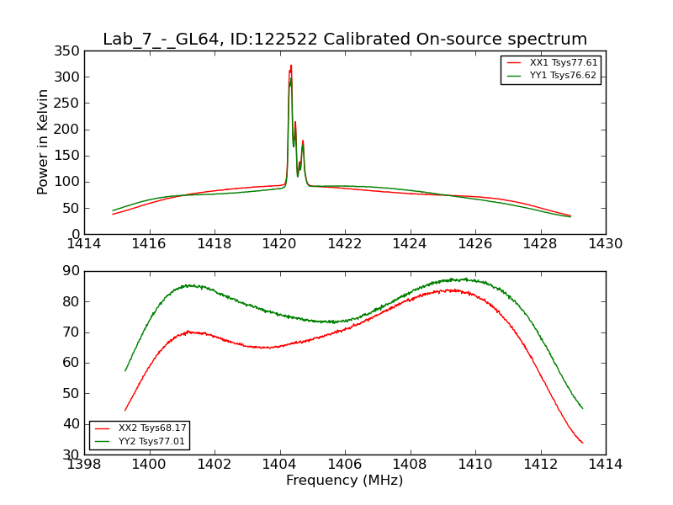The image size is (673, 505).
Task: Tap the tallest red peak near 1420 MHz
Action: coord(291,66)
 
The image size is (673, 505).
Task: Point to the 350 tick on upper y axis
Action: coord(72,50)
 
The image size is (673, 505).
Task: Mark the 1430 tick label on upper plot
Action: coord(606,244)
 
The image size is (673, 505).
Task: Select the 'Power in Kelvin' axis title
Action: coord(43,141)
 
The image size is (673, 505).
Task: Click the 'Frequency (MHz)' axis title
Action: coord(344,481)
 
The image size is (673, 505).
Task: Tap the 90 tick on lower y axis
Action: coord(72,271)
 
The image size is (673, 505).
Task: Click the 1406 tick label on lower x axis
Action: coord(345,465)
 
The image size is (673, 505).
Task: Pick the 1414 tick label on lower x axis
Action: coord(606,465)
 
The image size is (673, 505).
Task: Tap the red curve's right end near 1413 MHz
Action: coord(582,443)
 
